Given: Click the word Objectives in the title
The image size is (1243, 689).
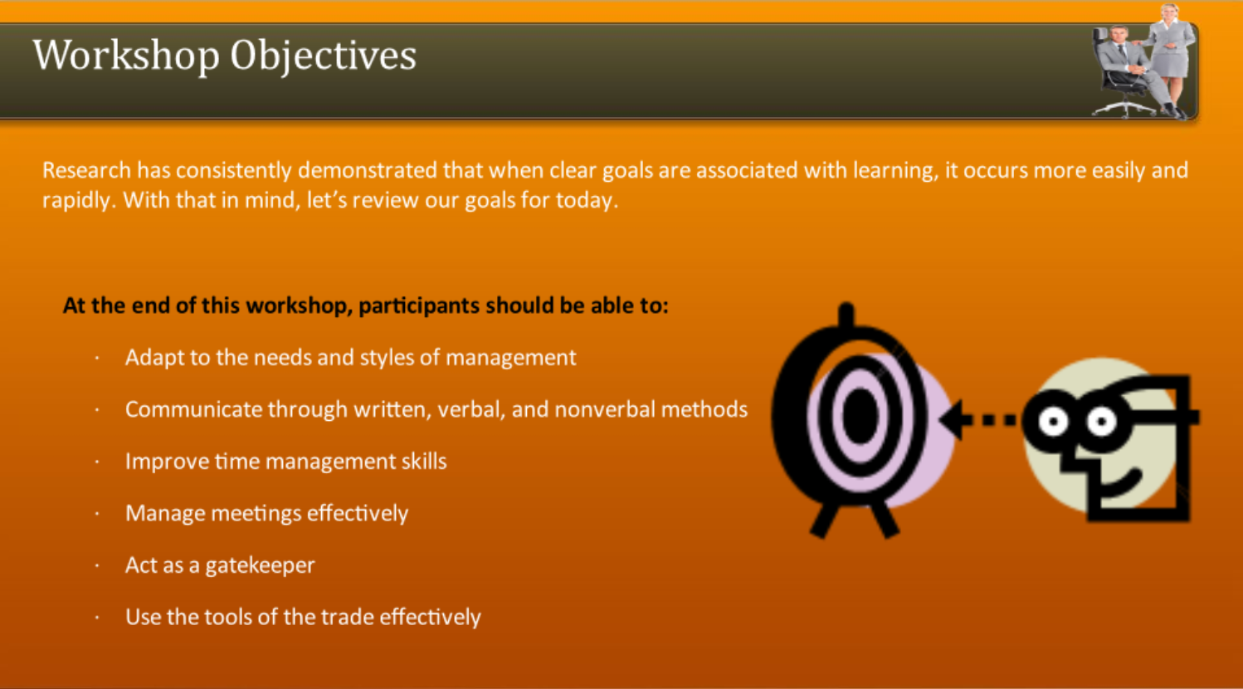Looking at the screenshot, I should click(323, 56).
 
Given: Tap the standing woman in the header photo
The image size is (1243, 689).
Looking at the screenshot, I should click(1172, 50).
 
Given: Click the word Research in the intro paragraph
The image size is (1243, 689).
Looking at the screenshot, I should click(86, 170).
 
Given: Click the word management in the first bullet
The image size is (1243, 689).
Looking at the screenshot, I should click(510, 358).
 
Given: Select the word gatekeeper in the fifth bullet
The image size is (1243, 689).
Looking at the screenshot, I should click(260, 565).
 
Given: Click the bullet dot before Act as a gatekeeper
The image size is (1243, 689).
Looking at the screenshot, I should click(97, 566).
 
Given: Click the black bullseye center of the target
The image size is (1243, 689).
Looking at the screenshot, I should click(860, 414).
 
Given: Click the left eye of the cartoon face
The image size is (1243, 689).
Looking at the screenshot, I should click(1053, 423).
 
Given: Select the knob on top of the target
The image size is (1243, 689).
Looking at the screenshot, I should click(846, 315).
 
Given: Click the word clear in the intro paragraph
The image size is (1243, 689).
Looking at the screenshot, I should click(573, 170).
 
